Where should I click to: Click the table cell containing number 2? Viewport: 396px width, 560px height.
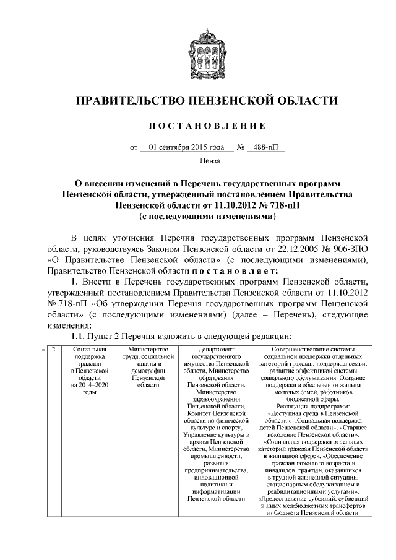point(55,350)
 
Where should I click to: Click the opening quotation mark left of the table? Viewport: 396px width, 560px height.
point(43,351)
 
